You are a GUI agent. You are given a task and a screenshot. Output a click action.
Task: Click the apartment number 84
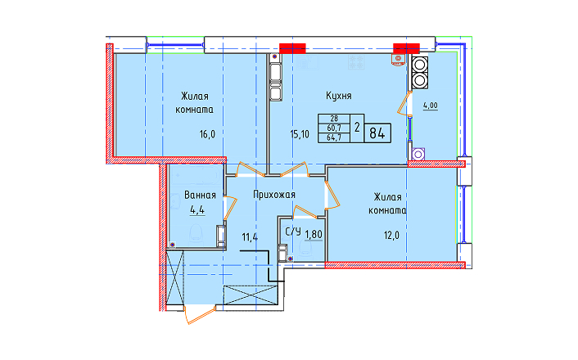[377, 133]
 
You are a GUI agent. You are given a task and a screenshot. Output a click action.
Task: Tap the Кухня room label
[339, 96]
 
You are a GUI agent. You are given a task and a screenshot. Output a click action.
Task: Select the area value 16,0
[207, 134]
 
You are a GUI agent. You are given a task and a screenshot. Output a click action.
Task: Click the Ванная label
[200, 195]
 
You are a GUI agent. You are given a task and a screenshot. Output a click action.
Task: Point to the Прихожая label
[274, 195]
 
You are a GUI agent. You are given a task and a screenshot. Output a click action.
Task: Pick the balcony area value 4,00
[430, 106]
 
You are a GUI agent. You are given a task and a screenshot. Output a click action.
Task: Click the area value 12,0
[391, 236]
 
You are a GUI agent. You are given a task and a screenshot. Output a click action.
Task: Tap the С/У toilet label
[293, 232]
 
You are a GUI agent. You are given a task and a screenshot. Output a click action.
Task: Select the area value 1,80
[314, 234]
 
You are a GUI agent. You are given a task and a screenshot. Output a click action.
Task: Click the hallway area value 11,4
[250, 237]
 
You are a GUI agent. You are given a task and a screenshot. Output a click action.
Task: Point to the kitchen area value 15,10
[300, 134]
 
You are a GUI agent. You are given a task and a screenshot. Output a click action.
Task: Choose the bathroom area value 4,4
[197, 210]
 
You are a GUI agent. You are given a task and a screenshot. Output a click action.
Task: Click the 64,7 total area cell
[334, 137]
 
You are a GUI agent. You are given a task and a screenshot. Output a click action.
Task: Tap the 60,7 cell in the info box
[334, 128]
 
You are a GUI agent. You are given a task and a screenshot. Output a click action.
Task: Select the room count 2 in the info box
[357, 128]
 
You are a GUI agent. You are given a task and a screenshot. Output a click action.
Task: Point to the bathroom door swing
[230, 208]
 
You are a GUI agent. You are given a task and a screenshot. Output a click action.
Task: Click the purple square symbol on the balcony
[418, 155]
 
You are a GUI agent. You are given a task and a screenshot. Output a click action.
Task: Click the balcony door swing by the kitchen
[404, 104]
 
